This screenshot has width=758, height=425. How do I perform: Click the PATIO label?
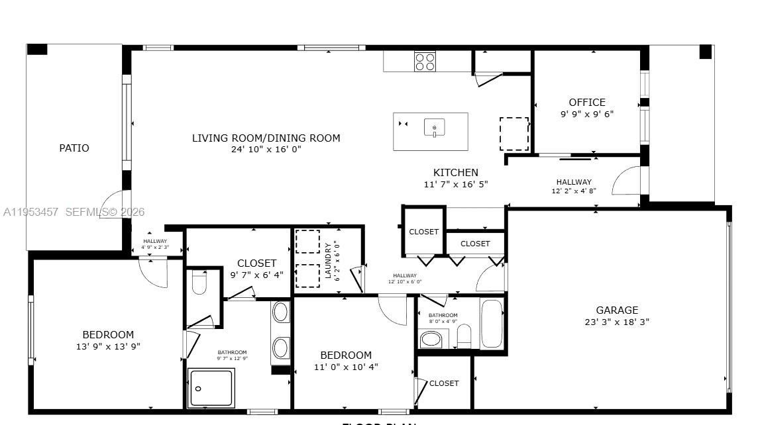pos(74,148)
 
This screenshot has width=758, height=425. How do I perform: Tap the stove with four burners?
pos(425,62)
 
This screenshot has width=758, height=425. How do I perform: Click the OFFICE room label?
pos(587,103)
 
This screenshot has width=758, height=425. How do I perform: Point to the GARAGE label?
pos(617,310)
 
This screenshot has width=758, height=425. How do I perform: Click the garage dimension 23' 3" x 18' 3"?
pos(617,322)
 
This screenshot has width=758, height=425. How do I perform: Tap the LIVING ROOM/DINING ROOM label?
pos(266,138)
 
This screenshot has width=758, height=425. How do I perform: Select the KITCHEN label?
pos(456,173)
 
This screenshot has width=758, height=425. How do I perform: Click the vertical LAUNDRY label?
pos(328,260)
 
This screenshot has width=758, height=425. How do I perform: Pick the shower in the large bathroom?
pos(211,387)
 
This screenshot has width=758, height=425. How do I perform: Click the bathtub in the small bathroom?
pos(492,324)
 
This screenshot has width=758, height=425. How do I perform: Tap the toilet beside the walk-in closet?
pos(199,283)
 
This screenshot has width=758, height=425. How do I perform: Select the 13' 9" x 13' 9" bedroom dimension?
pos(108,346)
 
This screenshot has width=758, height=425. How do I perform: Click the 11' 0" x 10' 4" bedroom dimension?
pos(346,367)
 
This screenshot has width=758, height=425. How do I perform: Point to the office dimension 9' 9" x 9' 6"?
pos(587,114)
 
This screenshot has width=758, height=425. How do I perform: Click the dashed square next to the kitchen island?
pos(514,134)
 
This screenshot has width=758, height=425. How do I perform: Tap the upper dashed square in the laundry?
pos(307,242)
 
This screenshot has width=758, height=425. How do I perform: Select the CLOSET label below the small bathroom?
pos(443,383)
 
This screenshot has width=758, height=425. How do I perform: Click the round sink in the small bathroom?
pos(431,339)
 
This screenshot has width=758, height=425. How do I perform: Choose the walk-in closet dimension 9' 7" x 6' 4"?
pos(256,275)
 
